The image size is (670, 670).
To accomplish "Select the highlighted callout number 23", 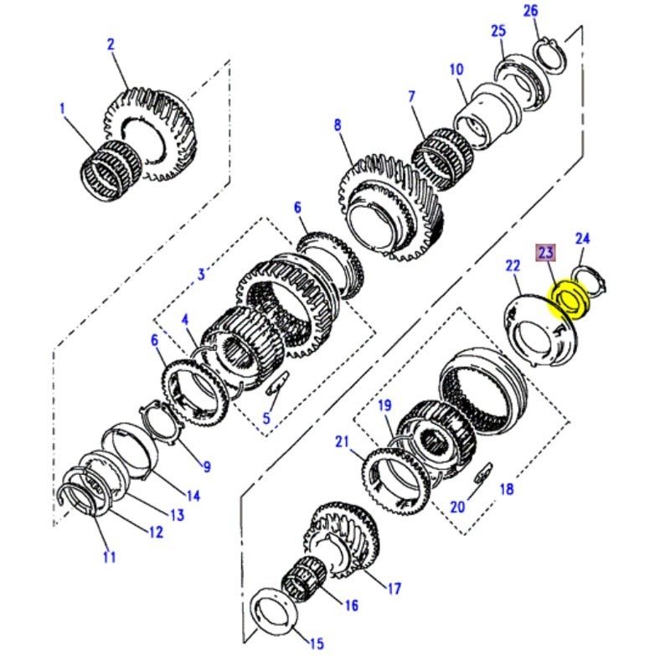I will tap(546, 251).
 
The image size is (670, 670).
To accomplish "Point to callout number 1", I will tap(62, 108).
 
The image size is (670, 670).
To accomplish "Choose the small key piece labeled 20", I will tap(485, 477).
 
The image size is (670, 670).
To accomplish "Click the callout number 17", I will tap(394, 588).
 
